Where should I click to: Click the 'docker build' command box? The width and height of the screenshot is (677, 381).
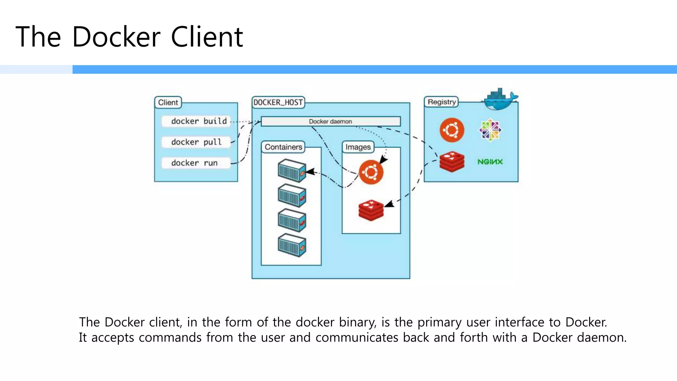point(196,121)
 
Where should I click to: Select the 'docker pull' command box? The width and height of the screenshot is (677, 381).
point(196,142)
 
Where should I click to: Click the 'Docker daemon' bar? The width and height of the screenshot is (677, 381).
point(331,121)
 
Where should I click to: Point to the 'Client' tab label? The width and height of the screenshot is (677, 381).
point(168,103)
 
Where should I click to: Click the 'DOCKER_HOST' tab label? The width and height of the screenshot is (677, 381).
point(278,103)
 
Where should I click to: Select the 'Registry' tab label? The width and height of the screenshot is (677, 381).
point(441,102)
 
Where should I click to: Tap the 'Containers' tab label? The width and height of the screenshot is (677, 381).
point(283,147)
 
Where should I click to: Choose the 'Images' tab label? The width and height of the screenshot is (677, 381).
point(358,147)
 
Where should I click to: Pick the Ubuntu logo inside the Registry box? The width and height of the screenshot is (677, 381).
point(452,130)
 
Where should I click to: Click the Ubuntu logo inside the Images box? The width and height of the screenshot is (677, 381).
point(371,172)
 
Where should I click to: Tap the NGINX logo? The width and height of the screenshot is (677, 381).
point(490,162)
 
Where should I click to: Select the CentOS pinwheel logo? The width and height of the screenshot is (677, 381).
point(490,130)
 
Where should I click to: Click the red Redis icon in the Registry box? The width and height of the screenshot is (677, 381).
point(452,162)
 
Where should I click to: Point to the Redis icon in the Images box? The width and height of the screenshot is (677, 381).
point(371,210)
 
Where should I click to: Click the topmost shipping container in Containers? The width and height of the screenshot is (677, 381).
point(292,171)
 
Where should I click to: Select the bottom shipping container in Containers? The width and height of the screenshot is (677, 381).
point(292,245)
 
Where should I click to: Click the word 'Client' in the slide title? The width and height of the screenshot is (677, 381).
point(207,37)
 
